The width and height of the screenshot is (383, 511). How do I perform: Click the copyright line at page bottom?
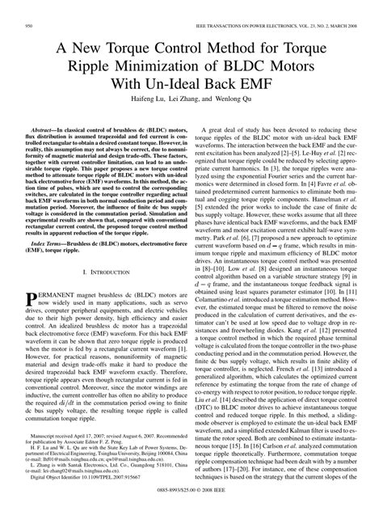pyautogui.click(x=191, y=505)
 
